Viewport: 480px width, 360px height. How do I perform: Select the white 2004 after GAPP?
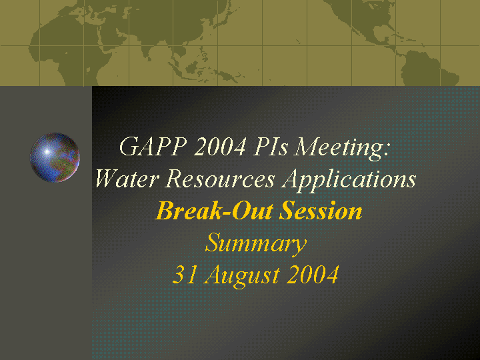[219, 146]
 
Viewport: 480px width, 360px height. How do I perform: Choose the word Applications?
[349, 181]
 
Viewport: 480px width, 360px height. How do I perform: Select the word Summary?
[255, 244]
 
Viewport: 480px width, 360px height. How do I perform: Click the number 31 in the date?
[185, 274]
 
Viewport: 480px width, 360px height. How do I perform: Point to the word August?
[242, 276]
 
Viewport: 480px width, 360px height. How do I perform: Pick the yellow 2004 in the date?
[313, 274]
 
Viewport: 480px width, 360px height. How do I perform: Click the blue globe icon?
[55, 157]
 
